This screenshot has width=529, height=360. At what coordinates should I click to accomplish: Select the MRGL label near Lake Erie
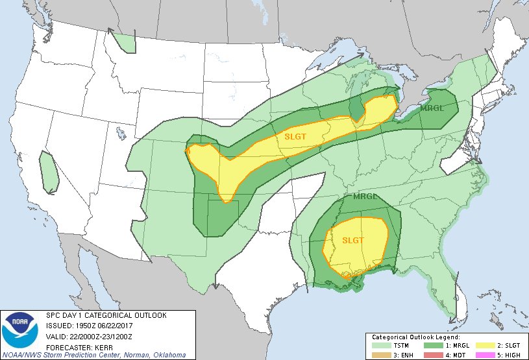coord(432,108)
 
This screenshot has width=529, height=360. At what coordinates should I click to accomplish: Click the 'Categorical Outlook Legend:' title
coord(415,338)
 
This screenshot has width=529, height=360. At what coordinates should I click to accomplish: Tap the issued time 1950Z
coord(82,326)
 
